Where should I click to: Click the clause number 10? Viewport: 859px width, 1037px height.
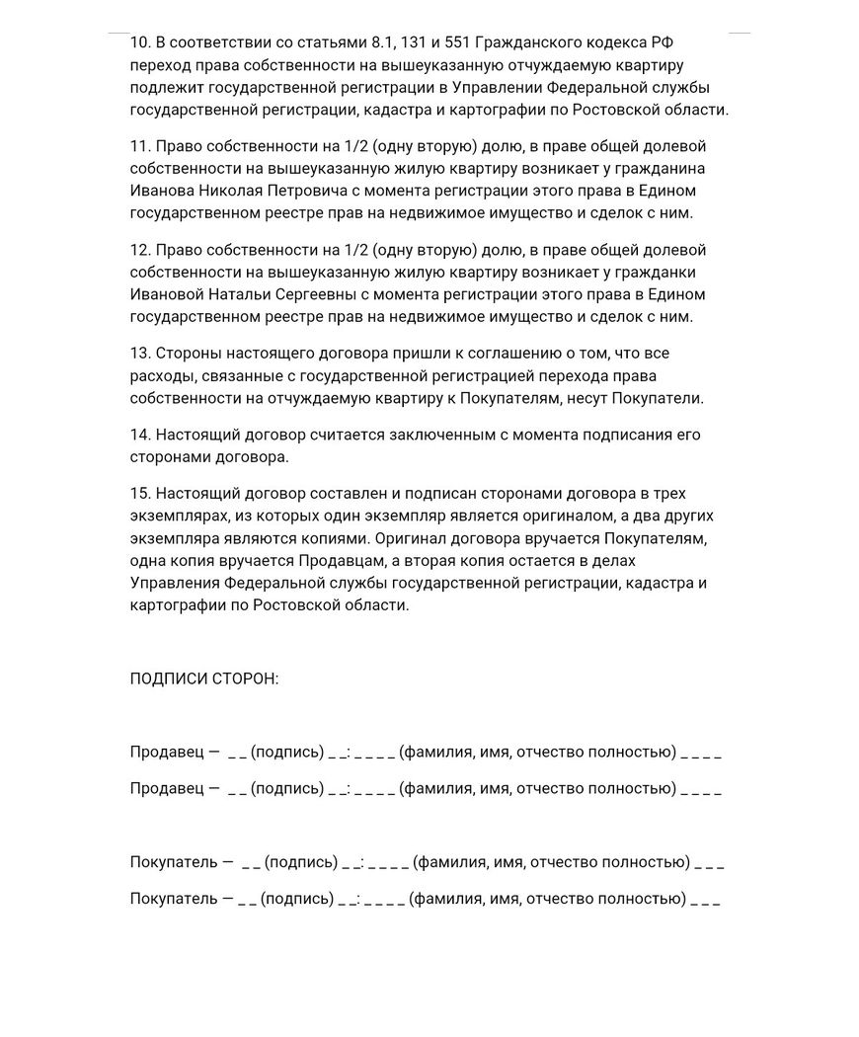(x=139, y=42)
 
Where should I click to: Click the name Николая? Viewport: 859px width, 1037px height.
(x=238, y=191)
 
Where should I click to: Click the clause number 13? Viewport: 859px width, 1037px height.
(x=139, y=354)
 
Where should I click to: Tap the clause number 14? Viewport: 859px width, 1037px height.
(x=139, y=435)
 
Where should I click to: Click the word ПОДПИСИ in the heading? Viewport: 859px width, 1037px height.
(x=166, y=679)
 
